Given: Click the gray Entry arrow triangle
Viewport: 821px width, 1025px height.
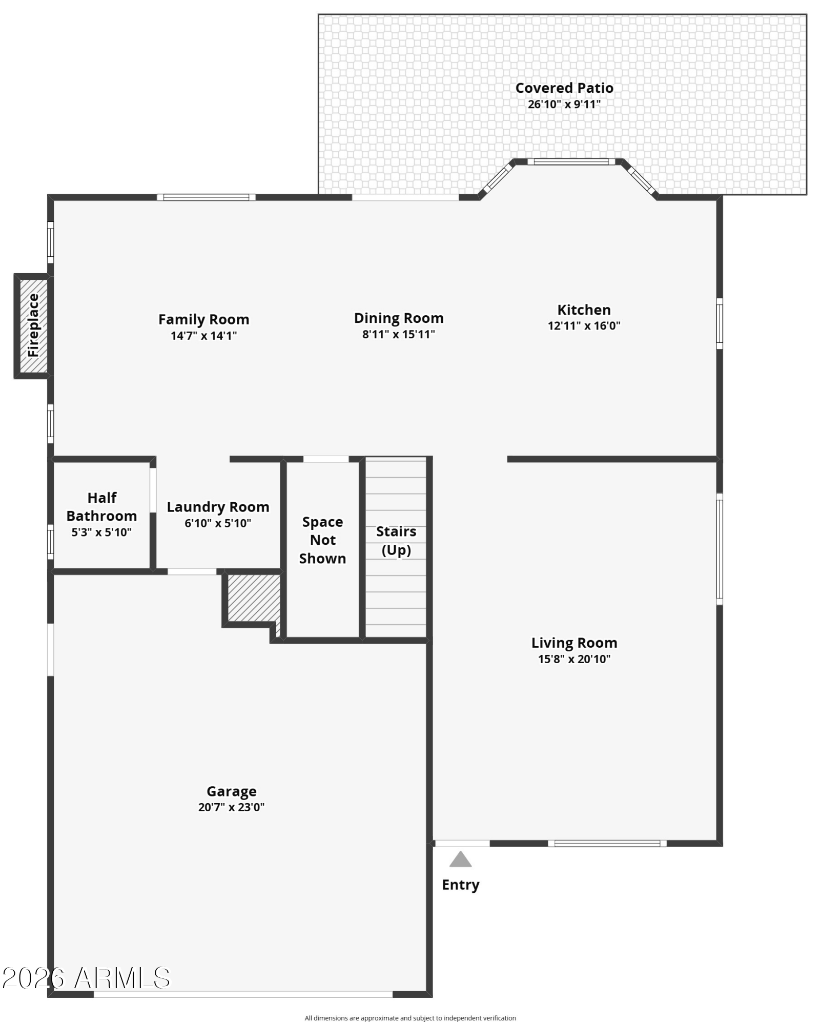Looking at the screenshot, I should click(460, 859).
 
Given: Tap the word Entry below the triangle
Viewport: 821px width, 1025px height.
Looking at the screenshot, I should click(460, 885).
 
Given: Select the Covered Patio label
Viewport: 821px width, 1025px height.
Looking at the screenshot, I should click(564, 88).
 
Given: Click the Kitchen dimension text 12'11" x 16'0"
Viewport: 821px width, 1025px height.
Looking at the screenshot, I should click(584, 326).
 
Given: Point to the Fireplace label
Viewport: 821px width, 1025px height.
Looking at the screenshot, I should click(33, 325).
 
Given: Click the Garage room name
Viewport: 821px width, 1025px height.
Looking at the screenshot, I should click(231, 791).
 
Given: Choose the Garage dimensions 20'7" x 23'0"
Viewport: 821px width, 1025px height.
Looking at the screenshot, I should click(231, 807).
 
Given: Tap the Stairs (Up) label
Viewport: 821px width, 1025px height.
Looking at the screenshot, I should click(396, 541).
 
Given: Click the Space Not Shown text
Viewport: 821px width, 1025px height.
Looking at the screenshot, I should click(322, 540).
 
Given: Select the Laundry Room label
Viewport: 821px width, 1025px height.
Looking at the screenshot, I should click(218, 507).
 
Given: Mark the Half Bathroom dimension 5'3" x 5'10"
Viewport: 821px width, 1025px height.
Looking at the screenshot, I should click(101, 532).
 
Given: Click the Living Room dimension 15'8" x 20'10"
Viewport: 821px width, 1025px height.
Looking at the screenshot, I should click(574, 659).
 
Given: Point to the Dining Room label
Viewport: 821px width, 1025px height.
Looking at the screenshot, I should click(399, 318).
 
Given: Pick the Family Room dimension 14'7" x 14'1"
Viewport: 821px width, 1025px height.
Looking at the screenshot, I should click(203, 336).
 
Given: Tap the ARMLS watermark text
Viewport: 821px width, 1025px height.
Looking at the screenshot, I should click(86, 978).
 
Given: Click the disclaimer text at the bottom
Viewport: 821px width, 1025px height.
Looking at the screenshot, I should click(410, 1018).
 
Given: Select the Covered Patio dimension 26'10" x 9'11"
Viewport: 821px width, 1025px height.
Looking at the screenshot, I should click(564, 105).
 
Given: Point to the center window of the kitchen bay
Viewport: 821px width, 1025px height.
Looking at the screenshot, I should click(571, 162).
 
